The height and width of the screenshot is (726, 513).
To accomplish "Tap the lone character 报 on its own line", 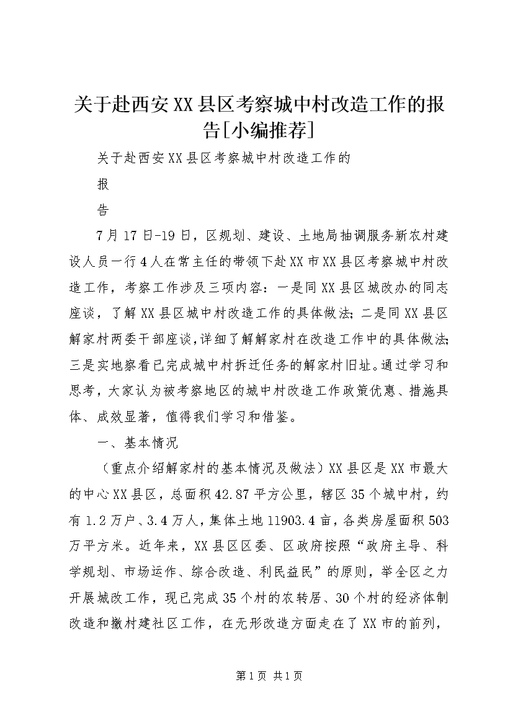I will pos(103,184).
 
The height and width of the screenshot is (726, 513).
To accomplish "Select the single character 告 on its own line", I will pos(103,210).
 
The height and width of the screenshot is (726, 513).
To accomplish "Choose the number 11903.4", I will pos(312,521).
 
